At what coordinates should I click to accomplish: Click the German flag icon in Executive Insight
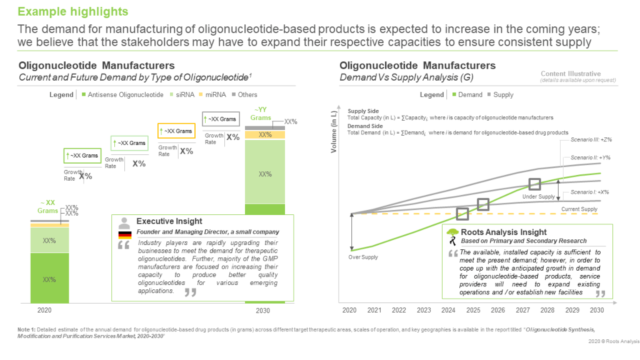coord(125,234)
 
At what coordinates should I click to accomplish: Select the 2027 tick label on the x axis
coord(522,310)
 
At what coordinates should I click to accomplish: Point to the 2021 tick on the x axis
coord(374,310)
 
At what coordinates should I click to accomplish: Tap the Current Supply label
coord(579,209)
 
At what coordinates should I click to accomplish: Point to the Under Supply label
coord(537,197)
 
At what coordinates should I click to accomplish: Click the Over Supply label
coord(363,257)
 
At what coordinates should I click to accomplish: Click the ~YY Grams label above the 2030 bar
coord(261,114)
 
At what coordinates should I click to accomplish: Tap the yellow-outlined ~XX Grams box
coord(176,131)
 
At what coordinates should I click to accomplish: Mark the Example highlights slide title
coord(72,12)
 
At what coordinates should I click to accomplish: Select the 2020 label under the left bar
coord(44,310)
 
